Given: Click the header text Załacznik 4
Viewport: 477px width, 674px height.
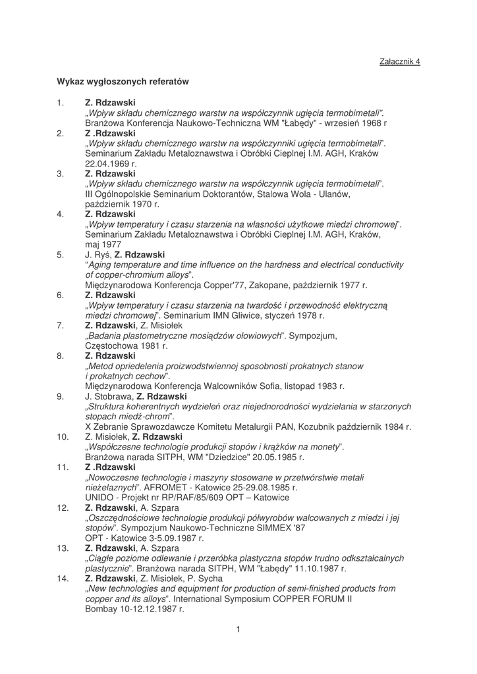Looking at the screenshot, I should [400, 61].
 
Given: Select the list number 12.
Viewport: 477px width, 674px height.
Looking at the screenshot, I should [63, 507].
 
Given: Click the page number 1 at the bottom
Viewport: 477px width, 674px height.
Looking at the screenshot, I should [238, 630].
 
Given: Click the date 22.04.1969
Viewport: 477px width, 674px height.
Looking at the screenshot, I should [108, 163].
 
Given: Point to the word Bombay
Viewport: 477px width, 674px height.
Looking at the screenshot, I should [101, 609].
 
